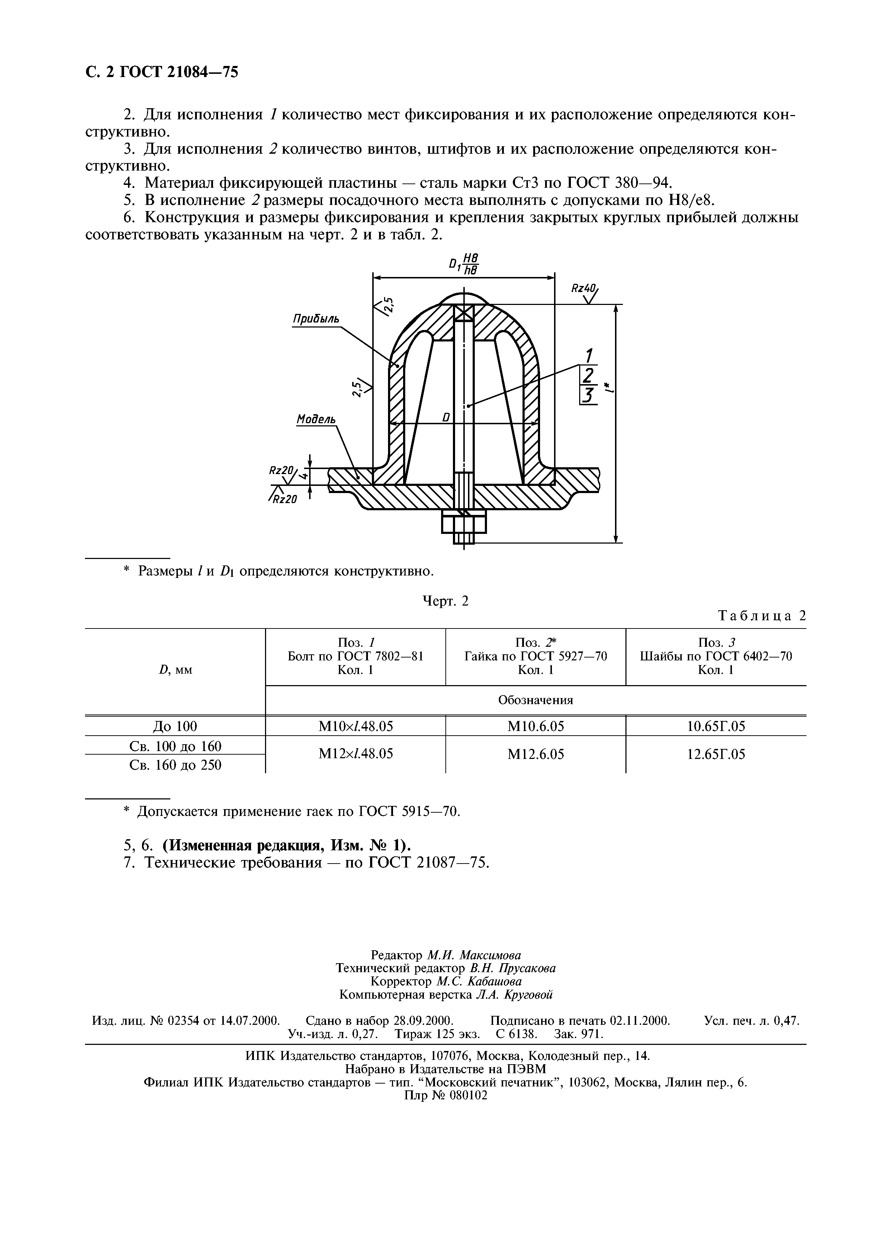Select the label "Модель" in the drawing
pos(316,419)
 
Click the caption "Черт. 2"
pos(446,601)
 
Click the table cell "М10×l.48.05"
pos(355,726)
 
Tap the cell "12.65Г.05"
pos(716,754)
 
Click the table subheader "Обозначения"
pos(535,700)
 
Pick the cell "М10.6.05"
pos(535,726)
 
